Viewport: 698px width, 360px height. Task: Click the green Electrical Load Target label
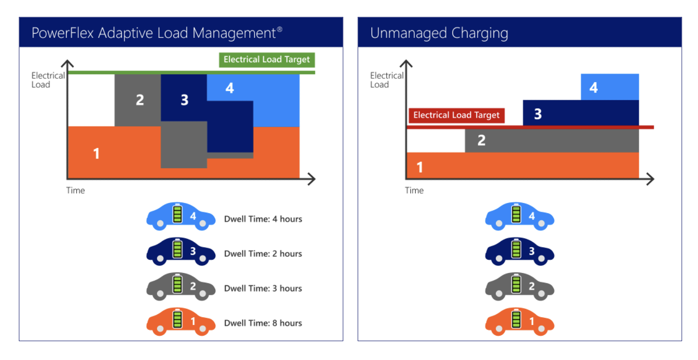pos(266,60)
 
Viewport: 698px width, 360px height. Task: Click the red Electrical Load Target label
pos(456,115)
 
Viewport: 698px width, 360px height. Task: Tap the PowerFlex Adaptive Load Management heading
pos(157,33)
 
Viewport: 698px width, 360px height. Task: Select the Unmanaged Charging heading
pos(439,33)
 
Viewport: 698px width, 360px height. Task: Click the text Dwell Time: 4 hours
pos(263,219)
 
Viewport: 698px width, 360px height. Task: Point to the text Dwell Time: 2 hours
pos(263,253)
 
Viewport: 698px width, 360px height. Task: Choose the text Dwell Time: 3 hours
pos(263,288)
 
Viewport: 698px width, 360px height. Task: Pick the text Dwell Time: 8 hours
pos(263,323)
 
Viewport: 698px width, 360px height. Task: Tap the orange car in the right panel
pos(519,322)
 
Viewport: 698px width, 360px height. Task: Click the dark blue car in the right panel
pos(519,252)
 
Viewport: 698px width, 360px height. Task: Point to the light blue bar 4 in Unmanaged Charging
pos(609,87)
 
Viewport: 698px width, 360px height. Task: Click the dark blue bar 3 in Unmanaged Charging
pos(580,113)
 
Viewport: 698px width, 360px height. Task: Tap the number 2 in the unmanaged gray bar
pos(481,140)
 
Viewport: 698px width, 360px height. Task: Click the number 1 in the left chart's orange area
pos(96,153)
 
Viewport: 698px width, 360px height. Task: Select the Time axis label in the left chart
pos(75,190)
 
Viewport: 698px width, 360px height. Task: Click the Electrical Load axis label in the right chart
pos(386,80)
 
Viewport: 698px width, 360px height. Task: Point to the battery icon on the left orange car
pos(177,320)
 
